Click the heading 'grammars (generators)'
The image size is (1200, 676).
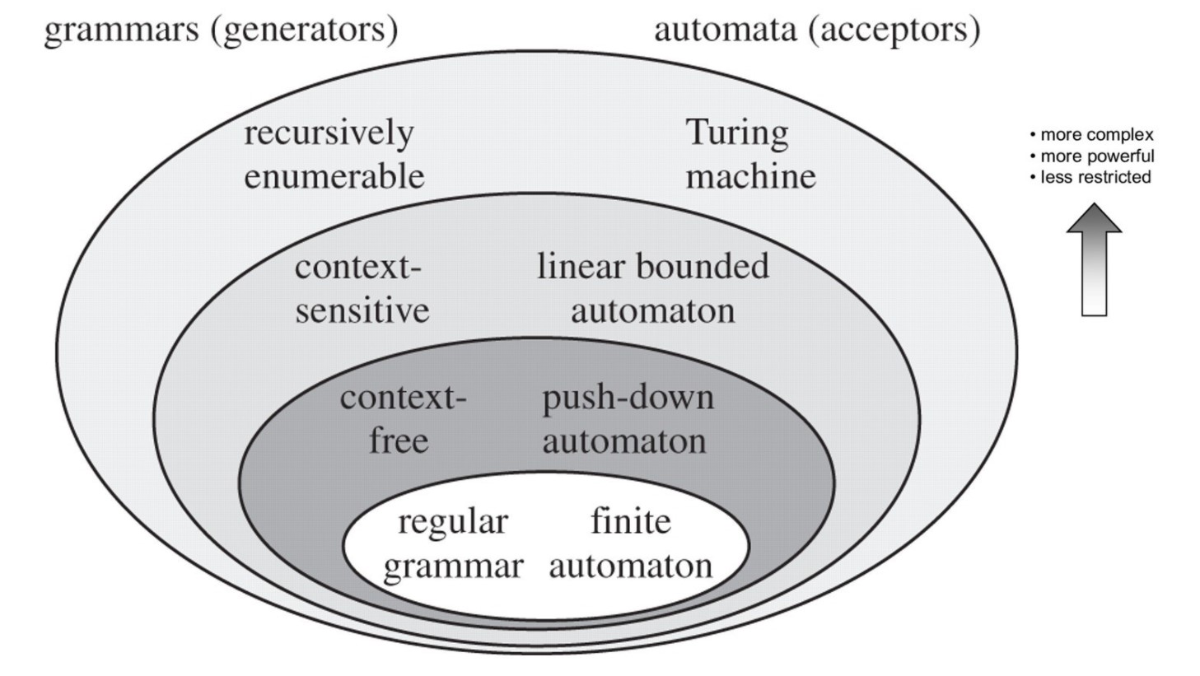point(221,30)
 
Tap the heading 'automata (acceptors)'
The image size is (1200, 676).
point(816,30)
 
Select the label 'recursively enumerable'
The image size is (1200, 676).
point(334,154)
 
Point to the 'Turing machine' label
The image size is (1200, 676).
point(750,154)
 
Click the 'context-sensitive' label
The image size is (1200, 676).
point(362,288)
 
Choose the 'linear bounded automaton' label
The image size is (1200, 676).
point(652,288)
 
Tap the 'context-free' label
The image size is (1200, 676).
point(401,419)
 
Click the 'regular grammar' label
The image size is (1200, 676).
point(453,543)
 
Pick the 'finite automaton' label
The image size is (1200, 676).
point(630,543)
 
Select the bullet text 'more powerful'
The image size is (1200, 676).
point(1096,156)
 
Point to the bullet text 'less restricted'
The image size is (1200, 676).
point(1095,177)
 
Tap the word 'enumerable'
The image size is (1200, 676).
point(334,176)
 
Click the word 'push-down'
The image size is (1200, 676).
point(628,398)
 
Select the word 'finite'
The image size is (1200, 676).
point(631,521)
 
